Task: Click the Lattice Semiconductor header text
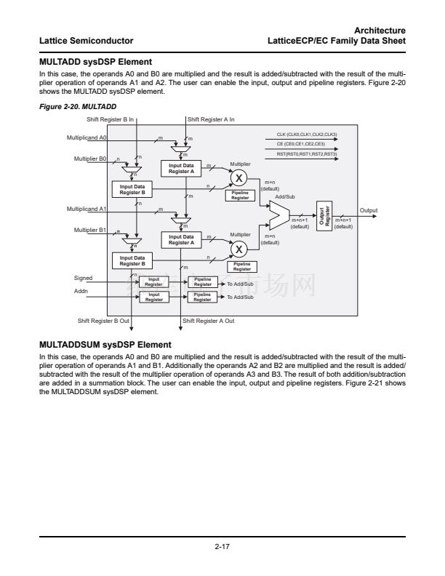[x=87, y=40]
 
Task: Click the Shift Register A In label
[x=211, y=119]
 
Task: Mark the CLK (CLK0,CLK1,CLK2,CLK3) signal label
[x=306, y=135]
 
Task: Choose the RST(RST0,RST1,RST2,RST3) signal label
[x=306, y=153]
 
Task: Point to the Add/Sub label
[x=285, y=196]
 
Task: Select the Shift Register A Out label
[x=208, y=320]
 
